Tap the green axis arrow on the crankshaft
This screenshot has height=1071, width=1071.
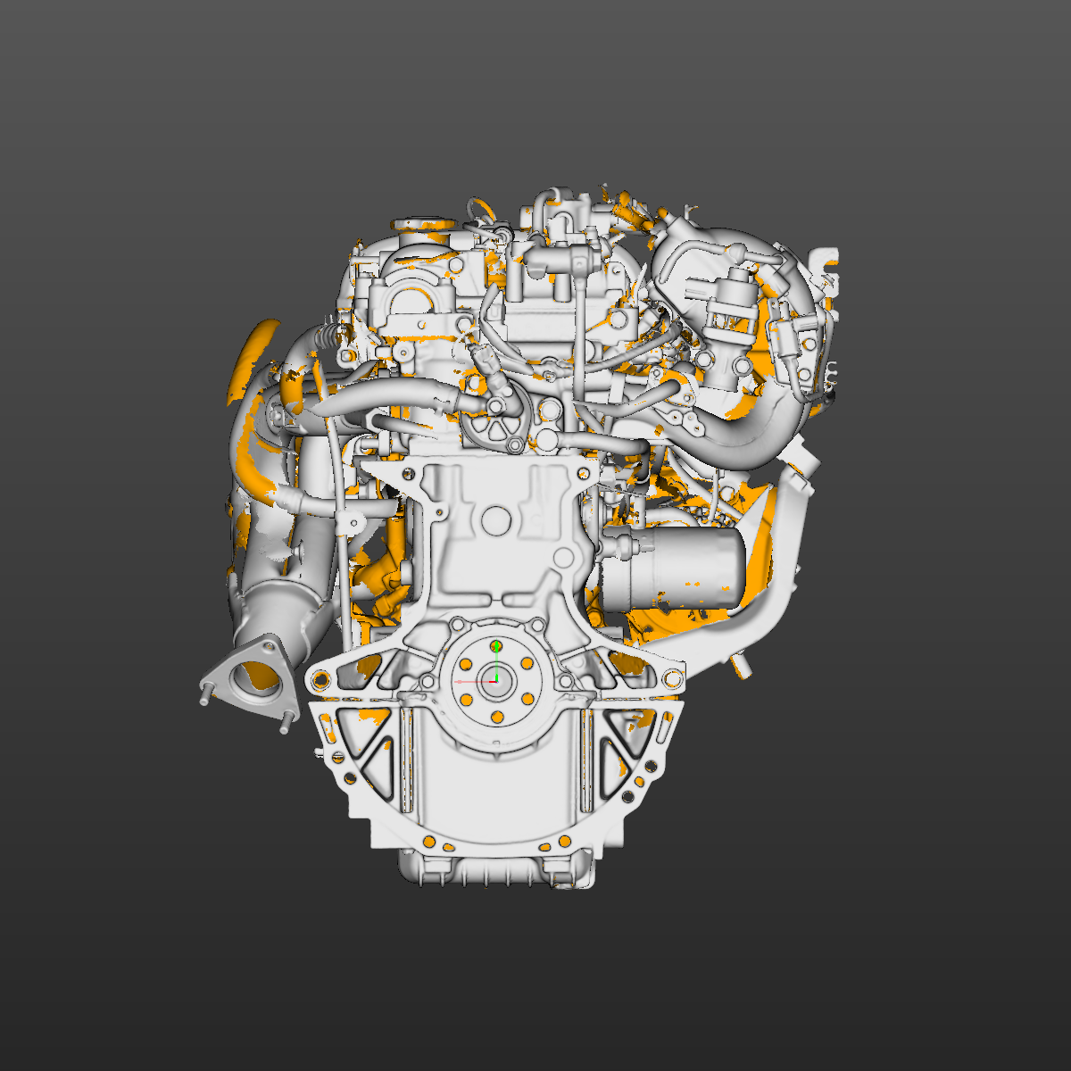pos(496,644)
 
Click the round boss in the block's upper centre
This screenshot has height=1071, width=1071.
pos(496,522)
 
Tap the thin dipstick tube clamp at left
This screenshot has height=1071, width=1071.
pos(344,518)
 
